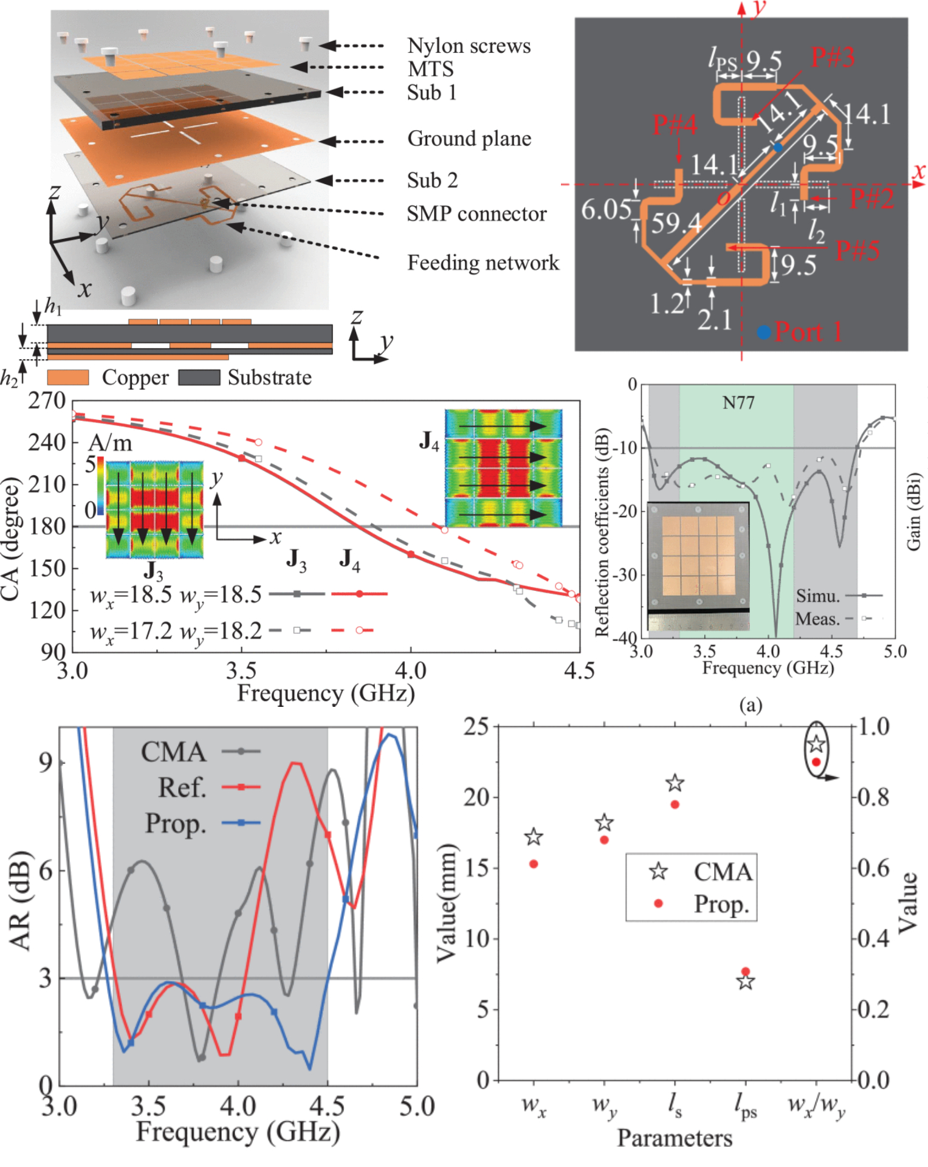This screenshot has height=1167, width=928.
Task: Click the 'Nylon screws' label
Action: pyautogui.click(x=469, y=46)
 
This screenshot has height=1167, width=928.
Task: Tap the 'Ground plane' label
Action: pyautogui.click(x=469, y=139)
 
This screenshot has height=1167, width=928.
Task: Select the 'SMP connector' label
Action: pyautogui.click(x=476, y=214)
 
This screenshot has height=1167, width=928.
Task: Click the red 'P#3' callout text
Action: pyautogui.click(x=832, y=58)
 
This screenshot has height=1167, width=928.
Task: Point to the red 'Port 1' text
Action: pyautogui.click(x=808, y=332)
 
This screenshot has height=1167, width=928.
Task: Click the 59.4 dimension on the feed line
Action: pyautogui.click(x=676, y=224)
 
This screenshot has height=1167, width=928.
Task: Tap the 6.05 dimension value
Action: pyautogui.click(x=606, y=210)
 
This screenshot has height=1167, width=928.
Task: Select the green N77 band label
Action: pyautogui.click(x=738, y=402)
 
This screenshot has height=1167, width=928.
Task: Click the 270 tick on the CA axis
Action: pyautogui.click(x=47, y=401)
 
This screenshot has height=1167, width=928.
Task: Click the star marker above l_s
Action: pyautogui.click(x=675, y=783)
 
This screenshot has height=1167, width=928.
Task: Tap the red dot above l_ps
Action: pyautogui.click(x=746, y=971)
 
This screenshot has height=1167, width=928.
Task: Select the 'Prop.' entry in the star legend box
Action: pyautogui.click(x=721, y=904)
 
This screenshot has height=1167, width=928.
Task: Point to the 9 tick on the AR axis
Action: pyautogui.click(x=45, y=762)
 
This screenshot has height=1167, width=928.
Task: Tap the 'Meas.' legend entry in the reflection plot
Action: pyautogui.click(x=817, y=619)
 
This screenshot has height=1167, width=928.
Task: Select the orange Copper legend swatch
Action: pyautogui.click(x=67, y=377)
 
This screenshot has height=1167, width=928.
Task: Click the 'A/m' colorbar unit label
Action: pyautogui.click(x=110, y=443)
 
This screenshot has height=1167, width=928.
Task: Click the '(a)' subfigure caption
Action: pyautogui.click(x=750, y=705)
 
